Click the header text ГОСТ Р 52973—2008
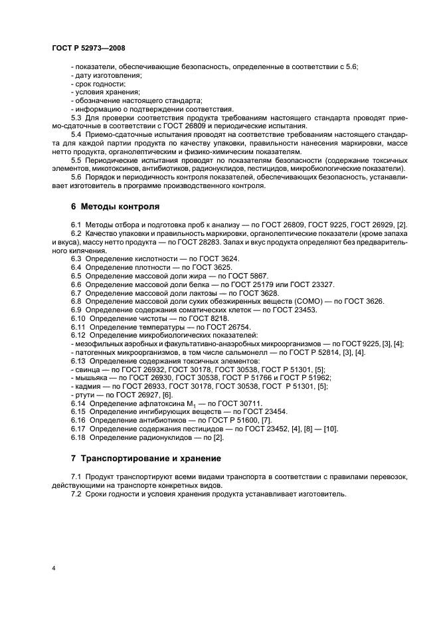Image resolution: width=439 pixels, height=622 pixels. point(88,49)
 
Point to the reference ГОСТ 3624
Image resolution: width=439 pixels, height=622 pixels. point(219,258)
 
